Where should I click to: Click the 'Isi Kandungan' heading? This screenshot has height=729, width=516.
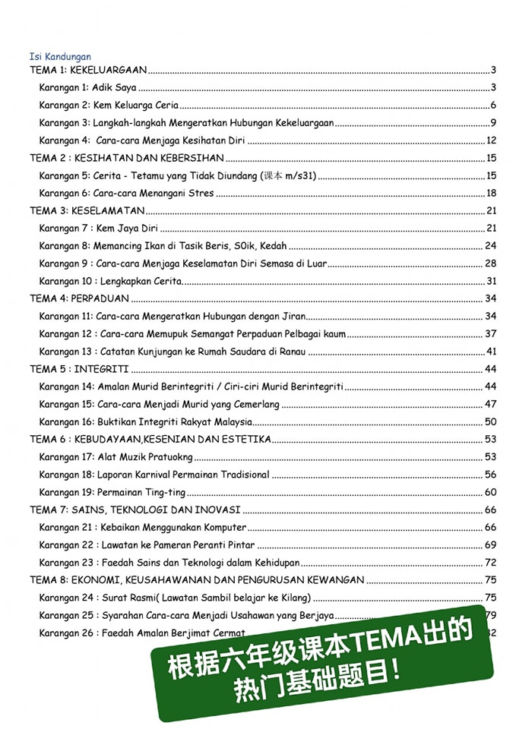(x=60, y=56)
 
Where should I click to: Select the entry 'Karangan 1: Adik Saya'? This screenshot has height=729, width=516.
(x=87, y=88)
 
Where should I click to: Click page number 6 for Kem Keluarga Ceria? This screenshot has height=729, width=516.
(x=493, y=106)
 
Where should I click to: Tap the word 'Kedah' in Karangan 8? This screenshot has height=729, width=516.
(x=272, y=246)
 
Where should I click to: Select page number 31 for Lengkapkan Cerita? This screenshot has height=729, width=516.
(x=491, y=281)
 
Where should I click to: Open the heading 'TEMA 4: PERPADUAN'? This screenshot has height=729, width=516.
(x=79, y=298)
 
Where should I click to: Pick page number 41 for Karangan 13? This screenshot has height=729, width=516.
(x=491, y=352)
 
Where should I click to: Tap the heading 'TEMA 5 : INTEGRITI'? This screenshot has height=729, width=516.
(x=78, y=369)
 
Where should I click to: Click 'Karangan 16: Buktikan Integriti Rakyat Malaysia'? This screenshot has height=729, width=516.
(x=145, y=422)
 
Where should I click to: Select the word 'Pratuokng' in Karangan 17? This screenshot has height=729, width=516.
(x=170, y=457)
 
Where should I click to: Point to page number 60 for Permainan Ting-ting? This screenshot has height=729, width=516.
(x=491, y=492)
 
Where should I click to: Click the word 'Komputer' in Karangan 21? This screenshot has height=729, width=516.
(x=226, y=528)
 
